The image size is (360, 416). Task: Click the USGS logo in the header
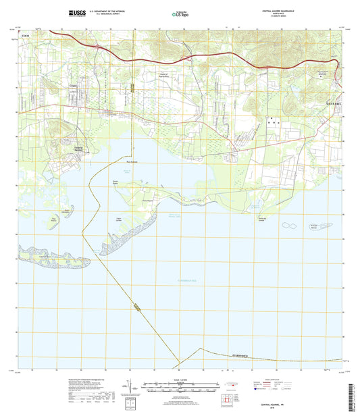pos(76,12)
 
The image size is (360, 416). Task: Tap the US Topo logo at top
pos(180,13)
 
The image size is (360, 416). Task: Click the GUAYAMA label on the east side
pos(332,103)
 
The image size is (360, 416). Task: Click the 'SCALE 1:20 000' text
pos(180,384)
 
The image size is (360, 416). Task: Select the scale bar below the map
pos(180,390)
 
